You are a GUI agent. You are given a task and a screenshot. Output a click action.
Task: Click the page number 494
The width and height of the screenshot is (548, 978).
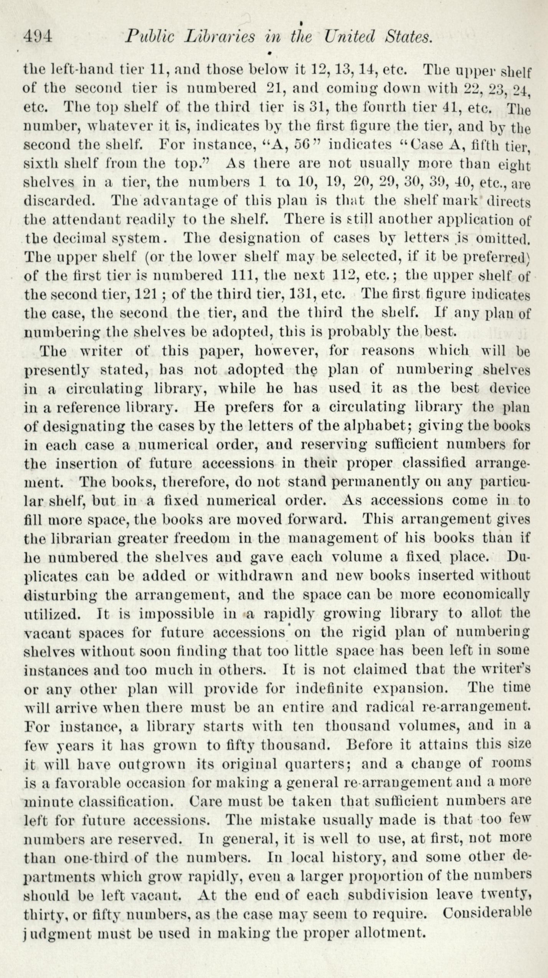pyautogui.click(x=38, y=37)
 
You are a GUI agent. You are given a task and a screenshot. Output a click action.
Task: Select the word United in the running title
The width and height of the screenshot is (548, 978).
pyautogui.click(x=349, y=37)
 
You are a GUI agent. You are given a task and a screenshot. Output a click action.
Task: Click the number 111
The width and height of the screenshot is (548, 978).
pyautogui.click(x=246, y=276)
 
